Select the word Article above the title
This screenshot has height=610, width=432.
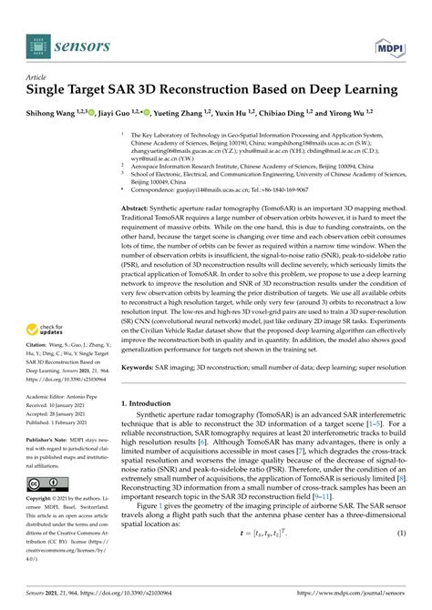coord(38,77)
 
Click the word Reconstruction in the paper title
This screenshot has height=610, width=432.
coord(197,91)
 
